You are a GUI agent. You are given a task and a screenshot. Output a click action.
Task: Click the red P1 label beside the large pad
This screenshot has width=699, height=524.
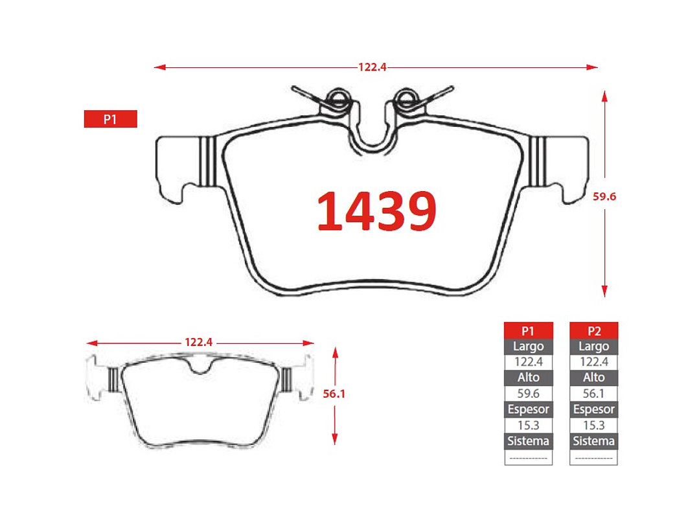click(111, 119)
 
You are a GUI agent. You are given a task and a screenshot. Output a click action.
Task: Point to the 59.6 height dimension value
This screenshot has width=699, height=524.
click(604, 196)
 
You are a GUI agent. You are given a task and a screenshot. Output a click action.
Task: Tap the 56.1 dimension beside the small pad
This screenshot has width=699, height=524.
click(334, 394)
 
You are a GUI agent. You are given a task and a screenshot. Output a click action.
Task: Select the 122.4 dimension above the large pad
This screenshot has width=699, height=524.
click(372, 67)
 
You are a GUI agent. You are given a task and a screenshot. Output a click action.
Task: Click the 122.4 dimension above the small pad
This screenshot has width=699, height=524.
click(198, 342)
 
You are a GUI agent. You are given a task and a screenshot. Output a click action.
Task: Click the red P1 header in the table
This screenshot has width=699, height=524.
click(528, 330)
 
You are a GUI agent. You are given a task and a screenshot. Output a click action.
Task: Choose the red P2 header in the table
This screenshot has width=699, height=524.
click(594, 330)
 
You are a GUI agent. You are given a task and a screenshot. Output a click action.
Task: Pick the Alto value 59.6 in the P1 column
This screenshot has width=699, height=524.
click(528, 393)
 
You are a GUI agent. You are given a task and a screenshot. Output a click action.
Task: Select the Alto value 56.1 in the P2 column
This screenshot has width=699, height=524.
click(594, 393)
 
